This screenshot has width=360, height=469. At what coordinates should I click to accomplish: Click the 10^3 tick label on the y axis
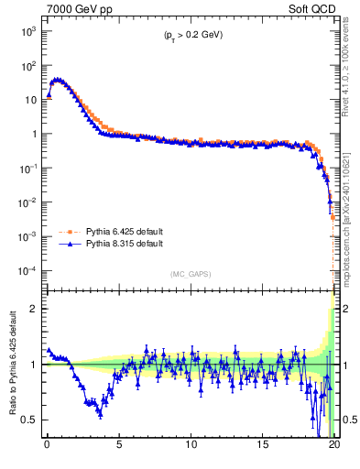coord(29,31)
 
